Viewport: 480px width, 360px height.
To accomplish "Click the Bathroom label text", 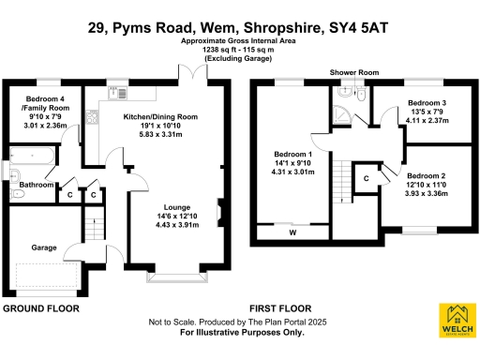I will [37, 185].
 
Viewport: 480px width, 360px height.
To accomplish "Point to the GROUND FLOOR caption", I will [39, 307].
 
